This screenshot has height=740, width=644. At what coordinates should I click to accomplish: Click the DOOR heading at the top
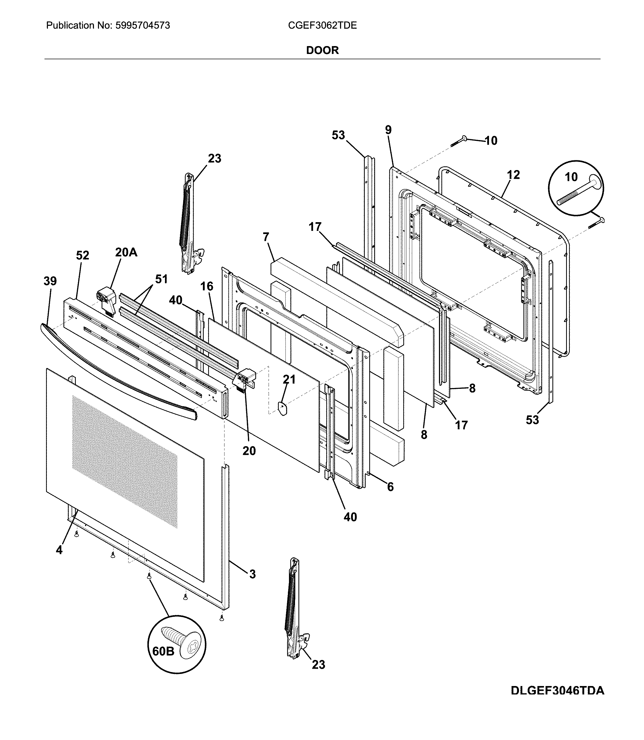(322, 50)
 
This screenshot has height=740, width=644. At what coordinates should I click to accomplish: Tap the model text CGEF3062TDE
(322, 26)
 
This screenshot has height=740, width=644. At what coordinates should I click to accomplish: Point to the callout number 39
(50, 281)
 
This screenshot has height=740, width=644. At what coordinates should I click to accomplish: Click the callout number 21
(289, 380)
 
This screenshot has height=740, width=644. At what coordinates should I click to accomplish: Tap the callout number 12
(513, 175)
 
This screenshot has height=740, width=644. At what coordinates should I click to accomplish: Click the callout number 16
(207, 286)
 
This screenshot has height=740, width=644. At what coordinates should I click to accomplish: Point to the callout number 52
(82, 256)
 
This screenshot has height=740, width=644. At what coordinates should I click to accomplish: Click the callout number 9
(388, 130)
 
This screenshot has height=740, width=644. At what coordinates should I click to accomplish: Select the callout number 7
(266, 237)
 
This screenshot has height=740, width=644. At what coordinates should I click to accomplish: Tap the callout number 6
(390, 487)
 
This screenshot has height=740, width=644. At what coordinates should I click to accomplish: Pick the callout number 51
(161, 279)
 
